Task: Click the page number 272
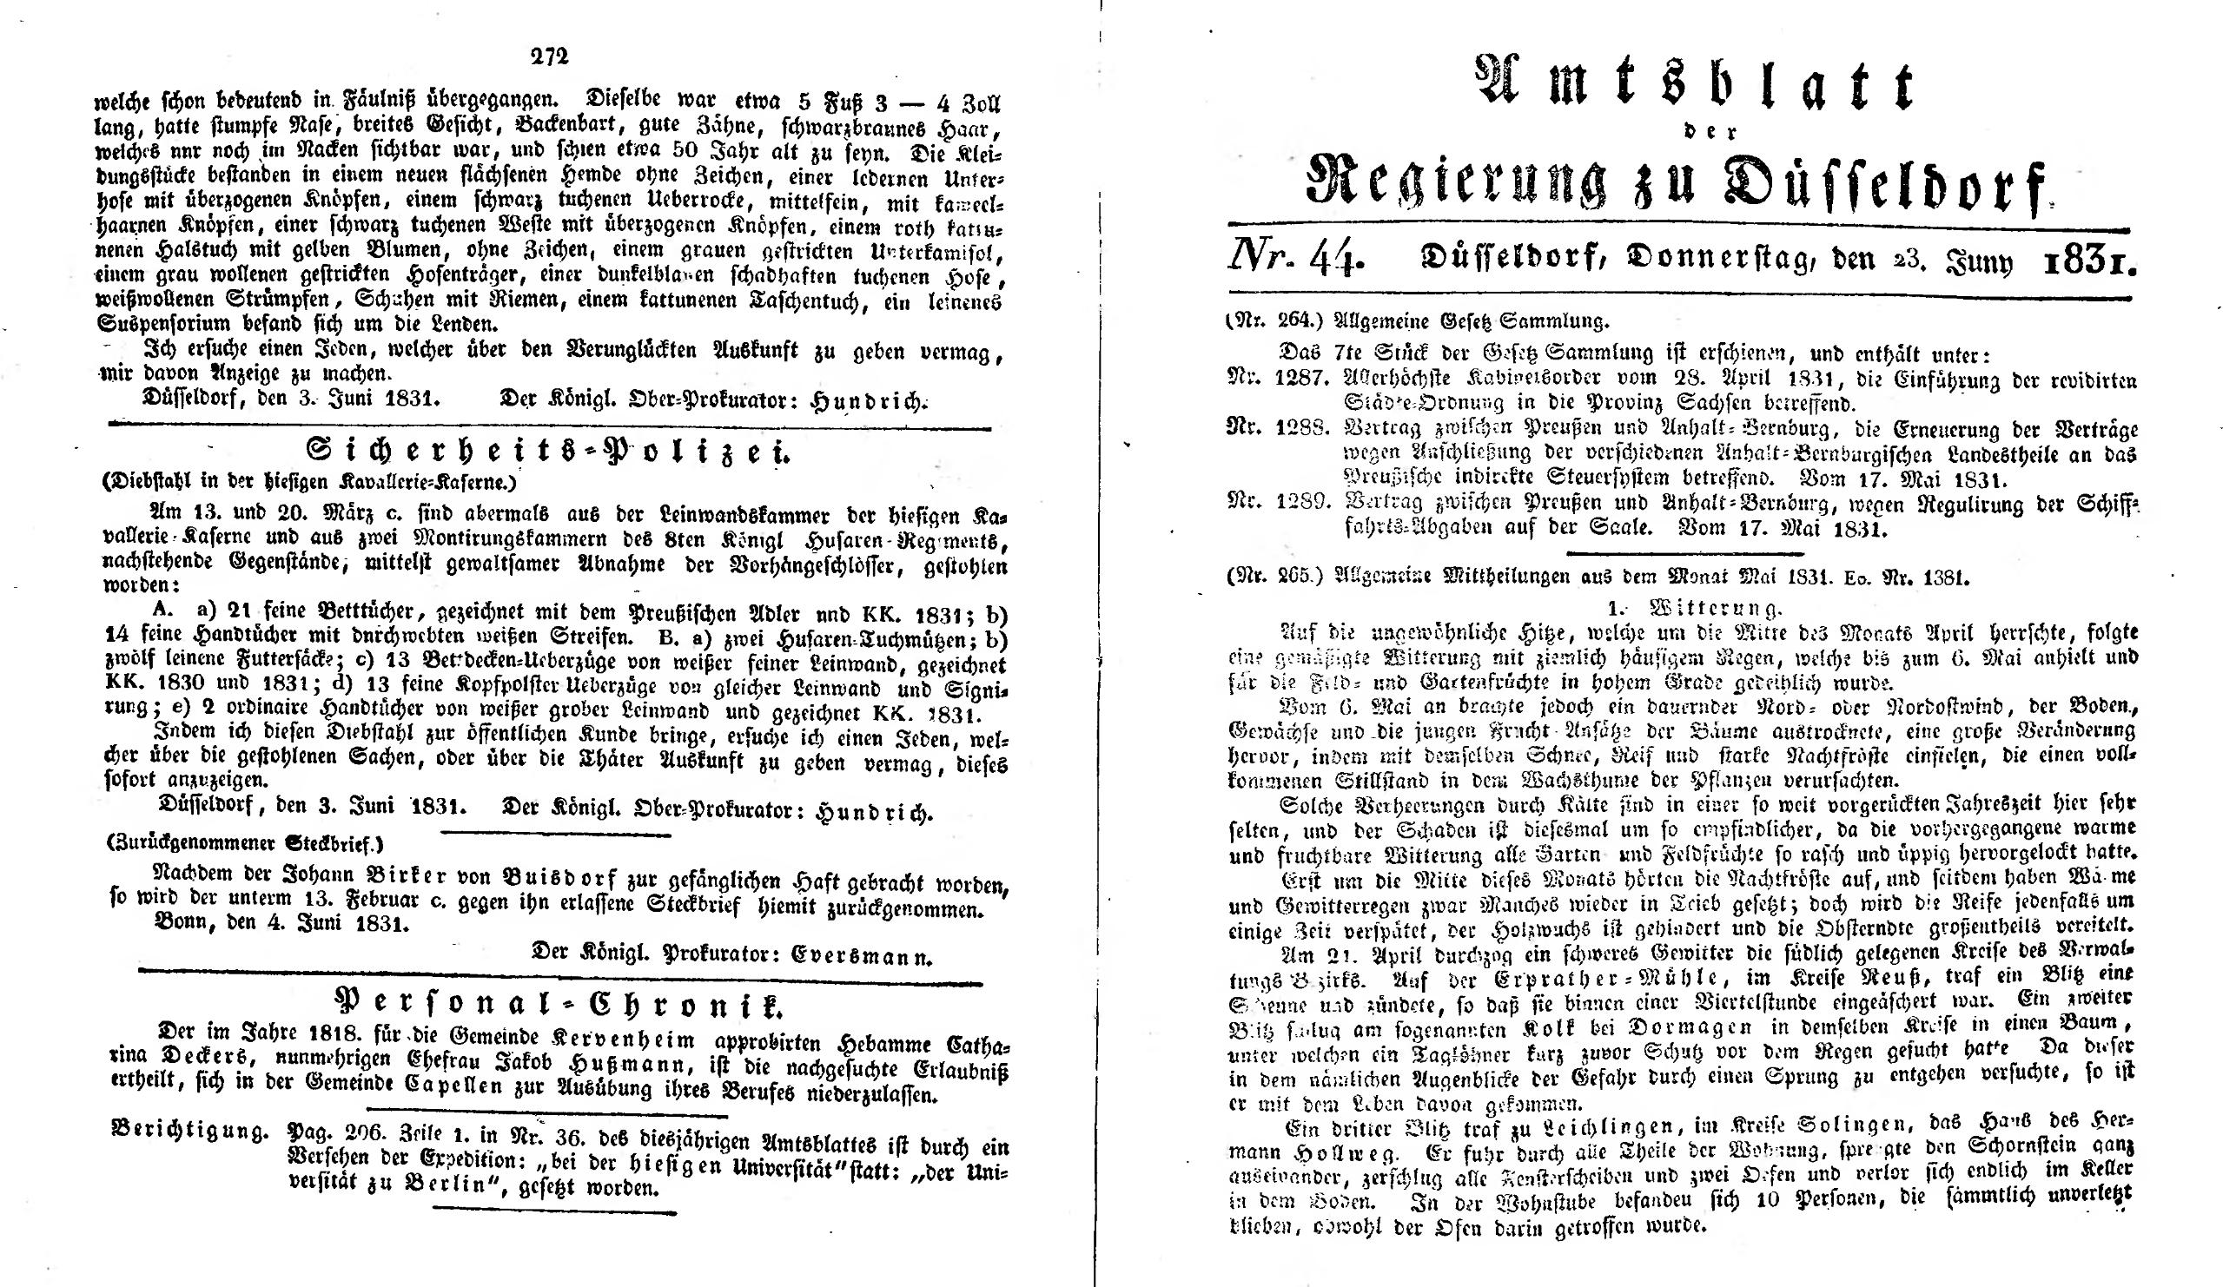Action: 551,56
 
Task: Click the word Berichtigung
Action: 189,1130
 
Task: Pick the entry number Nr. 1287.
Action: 1276,380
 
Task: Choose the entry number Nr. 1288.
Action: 1276,430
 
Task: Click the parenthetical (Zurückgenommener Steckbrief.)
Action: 245,844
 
